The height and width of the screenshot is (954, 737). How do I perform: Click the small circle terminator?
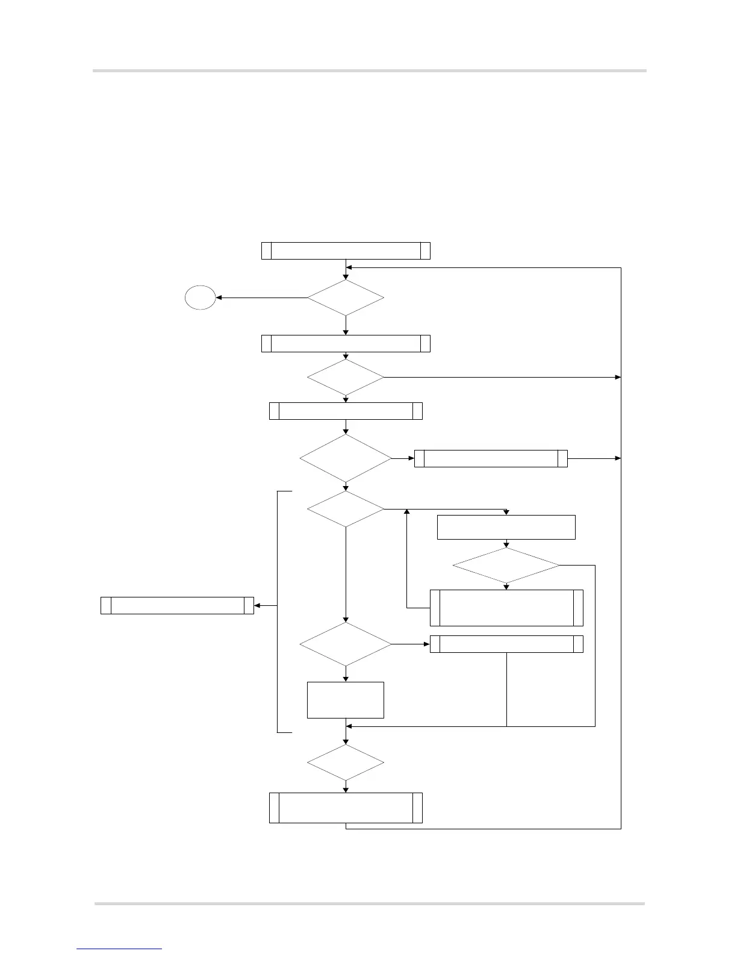click(x=201, y=298)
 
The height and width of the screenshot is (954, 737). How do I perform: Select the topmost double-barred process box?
click(x=346, y=251)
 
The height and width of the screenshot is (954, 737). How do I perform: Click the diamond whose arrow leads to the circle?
click(x=346, y=298)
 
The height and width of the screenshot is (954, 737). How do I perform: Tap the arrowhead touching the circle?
click(x=219, y=298)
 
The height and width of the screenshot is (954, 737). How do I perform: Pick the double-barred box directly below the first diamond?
click(x=346, y=343)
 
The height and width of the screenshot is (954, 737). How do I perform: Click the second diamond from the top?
click(x=346, y=378)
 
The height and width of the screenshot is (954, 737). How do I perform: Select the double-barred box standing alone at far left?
click(x=177, y=605)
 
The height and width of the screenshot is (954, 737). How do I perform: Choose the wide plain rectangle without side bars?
click(x=506, y=527)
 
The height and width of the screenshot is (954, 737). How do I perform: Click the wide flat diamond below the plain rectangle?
click(x=506, y=566)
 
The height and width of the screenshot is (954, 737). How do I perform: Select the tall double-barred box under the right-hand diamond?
click(x=506, y=608)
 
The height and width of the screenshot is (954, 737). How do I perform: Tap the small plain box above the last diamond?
click(x=346, y=700)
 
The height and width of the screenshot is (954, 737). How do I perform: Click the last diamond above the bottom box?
click(x=346, y=762)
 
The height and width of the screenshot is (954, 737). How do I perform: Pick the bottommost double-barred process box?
click(x=346, y=808)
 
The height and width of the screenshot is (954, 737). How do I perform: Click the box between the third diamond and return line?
click(x=491, y=458)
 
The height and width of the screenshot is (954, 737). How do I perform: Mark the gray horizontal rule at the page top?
click(x=369, y=71)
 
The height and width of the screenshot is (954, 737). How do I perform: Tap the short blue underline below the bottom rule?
click(x=119, y=949)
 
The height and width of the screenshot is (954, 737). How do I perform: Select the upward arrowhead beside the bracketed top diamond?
click(x=407, y=512)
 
